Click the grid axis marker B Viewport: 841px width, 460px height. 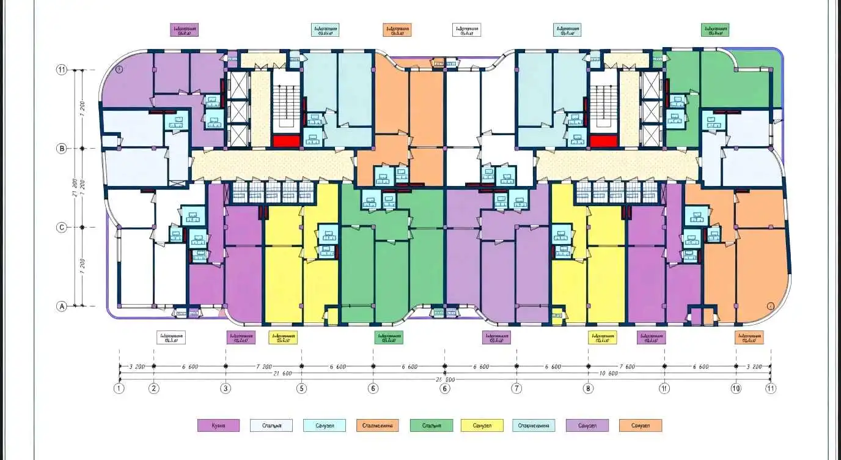point(61,148)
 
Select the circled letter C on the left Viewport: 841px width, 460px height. point(61,228)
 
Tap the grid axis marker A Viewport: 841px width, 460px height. point(61,307)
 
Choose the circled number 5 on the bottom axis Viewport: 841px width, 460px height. point(301,388)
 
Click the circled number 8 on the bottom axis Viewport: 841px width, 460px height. point(588,388)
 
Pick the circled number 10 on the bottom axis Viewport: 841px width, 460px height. point(736,388)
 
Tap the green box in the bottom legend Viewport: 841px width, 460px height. point(432,426)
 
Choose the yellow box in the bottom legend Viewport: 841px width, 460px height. point(482,426)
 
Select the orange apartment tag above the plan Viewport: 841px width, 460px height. point(397,30)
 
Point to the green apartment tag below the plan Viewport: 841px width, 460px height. point(389,338)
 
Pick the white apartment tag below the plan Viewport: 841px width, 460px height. point(171,338)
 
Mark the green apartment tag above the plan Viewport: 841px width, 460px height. point(715,30)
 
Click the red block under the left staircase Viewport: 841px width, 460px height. point(286,141)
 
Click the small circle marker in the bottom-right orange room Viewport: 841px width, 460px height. point(770,305)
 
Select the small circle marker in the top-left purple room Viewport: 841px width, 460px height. point(120,70)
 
